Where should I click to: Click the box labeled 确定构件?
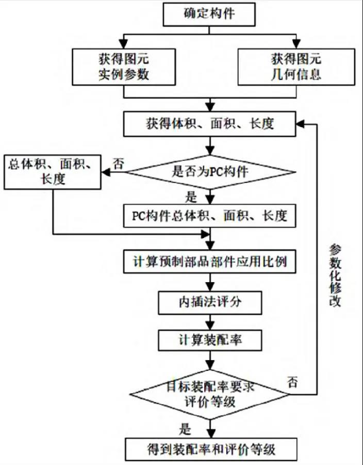[209, 13]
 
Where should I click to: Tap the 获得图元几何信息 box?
[296, 66]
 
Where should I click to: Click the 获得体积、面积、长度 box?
[209, 125]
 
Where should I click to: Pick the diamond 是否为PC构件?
[209, 172]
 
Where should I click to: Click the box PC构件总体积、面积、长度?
[209, 216]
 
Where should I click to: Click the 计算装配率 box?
[209, 340]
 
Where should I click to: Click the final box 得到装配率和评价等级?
[209, 448]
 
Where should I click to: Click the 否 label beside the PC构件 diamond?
[119, 164]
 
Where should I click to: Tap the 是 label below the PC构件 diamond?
[191, 196]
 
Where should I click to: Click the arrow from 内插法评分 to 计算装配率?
[209, 321]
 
